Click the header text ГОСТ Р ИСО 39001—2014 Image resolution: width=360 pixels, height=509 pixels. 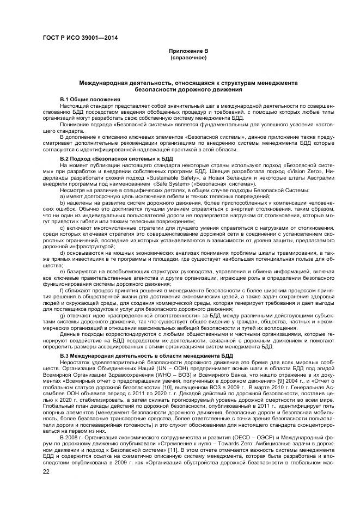pyautogui.click(x=81, y=38)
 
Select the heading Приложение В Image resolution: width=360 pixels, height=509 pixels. pyautogui.click(x=188, y=51)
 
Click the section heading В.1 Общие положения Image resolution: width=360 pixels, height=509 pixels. pyautogui.click(x=90, y=99)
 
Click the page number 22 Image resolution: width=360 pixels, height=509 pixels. pyautogui.click(x=46, y=471)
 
